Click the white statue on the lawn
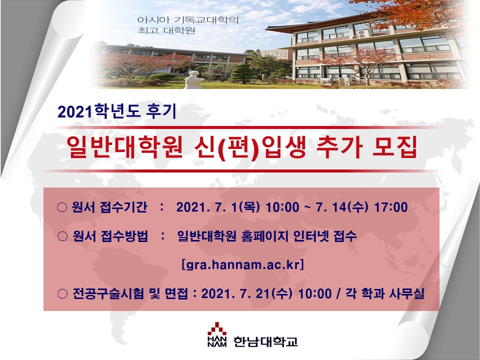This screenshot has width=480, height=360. pyautogui.click(x=194, y=79)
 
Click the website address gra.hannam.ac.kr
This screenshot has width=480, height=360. pyautogui.click(x=243, y=264)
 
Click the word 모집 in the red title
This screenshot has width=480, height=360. pyautogui.click(x=394, y=148)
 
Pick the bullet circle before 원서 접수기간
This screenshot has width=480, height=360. pyautogui.click(x=62, y=207)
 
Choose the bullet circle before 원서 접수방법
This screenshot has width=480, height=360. pyautogui.click(x=62, y=236)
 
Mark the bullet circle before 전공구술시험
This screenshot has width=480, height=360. pyautogui.click(x=62, y=294)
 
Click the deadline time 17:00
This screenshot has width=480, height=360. pyautogui.click(x=391, y=207)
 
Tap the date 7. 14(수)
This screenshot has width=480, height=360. pyautogui.click(x=341, y=207)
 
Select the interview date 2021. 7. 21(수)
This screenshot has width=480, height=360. pyautogui.click(x=246, y=294)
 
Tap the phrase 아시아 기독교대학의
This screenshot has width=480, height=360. pyautogui.click(x=188, y=20)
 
